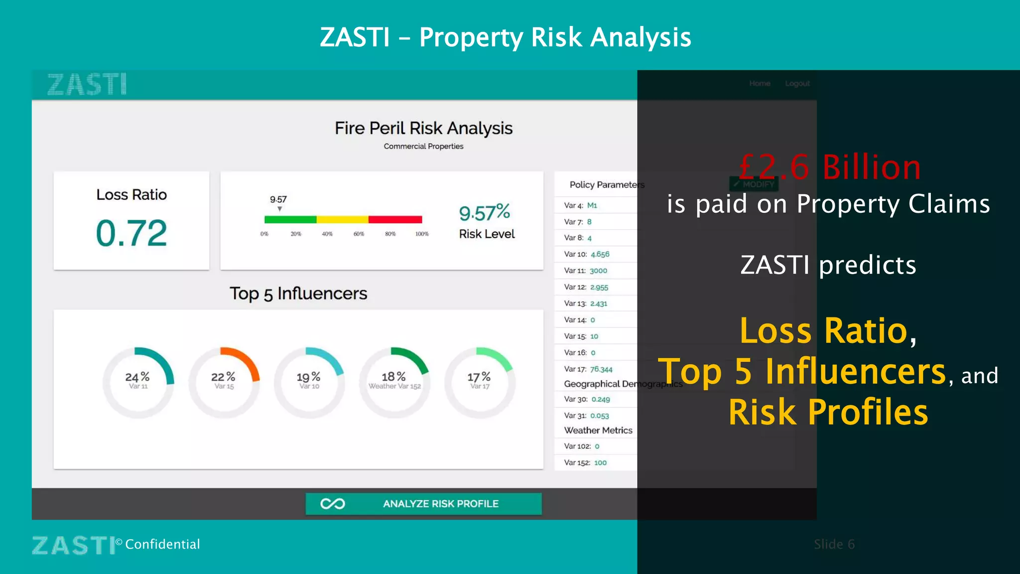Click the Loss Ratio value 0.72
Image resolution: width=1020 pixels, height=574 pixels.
coord(131,233)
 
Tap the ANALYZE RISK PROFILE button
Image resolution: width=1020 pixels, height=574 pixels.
coord(423,504)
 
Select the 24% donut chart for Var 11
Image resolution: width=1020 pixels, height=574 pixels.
coord(138,382)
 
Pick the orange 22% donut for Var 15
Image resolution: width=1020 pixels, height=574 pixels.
coord(224,382)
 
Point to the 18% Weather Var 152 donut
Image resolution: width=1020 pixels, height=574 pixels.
coord(394,382)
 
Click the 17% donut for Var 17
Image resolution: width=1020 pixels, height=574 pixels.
coord(480,382)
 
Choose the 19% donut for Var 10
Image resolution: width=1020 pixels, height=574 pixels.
coord(309,382)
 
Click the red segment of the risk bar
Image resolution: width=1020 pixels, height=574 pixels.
coord(395,220)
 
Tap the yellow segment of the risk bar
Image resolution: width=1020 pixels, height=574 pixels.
coord(342,220)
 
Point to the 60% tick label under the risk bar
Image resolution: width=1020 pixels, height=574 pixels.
coord(359,234)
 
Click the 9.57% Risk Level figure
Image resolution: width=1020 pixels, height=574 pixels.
coord(485,213)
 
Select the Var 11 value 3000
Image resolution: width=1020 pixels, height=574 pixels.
coord(598,271)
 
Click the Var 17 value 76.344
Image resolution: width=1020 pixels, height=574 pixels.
coord(601,369)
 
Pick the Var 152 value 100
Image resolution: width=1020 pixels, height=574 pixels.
coord(600,462)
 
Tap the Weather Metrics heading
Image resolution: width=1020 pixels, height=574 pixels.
coord(598,430)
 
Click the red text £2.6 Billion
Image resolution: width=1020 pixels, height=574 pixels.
coord(830,167)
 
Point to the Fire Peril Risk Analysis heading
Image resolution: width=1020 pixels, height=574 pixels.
coord(423,128)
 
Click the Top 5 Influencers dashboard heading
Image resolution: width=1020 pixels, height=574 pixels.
coord(298,293)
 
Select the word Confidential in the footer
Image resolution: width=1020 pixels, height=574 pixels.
coord(162,544)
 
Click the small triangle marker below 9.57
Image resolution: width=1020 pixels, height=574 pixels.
coord(280,209)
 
